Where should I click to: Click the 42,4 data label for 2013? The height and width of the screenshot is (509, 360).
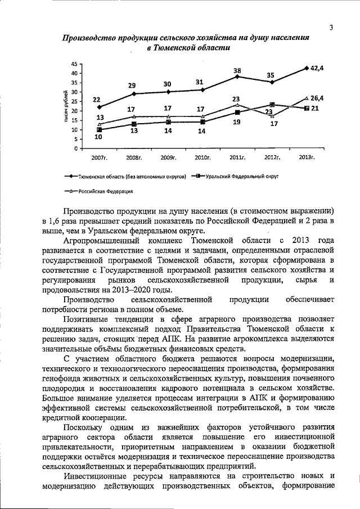318,68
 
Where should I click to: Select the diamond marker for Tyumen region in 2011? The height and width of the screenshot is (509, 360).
237,76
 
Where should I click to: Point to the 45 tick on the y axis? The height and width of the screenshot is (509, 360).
74,64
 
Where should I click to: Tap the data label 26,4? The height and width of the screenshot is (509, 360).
318,98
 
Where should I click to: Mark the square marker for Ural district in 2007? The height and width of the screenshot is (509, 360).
99,130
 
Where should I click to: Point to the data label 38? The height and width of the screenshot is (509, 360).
237,70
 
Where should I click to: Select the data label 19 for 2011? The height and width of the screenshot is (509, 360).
237,121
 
